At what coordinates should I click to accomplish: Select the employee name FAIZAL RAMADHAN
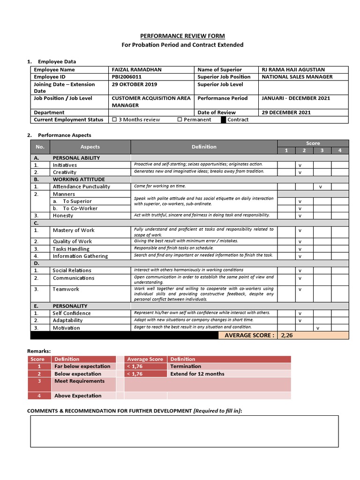(x=136, y=70)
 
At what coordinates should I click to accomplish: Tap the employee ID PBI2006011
(x=128, y=77)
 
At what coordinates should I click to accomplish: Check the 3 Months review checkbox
(x=115, y=120)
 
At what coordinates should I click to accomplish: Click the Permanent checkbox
(x=180, y=120)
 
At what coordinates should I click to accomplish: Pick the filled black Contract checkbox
(x=224, y=120)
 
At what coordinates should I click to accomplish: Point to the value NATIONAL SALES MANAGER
(x=297, y=77)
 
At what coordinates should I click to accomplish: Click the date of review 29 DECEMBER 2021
(x=286, y=112)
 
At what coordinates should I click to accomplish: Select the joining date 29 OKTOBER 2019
(x=135, y=84)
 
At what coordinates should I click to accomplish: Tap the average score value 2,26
(x=287, y=336)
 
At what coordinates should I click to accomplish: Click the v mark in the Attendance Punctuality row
(x=321, y=187)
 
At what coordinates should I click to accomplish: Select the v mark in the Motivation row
(x=318, y=328)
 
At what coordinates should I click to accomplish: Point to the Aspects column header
(x=90, y=147)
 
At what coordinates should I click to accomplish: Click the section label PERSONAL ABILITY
(x=76, y=158)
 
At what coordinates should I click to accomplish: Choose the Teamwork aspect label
(x=66, y=289)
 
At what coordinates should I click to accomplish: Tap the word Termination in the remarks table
(x=186, y=367)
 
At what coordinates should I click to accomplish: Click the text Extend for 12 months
(x=197, y=374)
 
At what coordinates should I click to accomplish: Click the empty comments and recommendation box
(x=184, y=431)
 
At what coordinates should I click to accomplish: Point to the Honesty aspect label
(x=63, y=216)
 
